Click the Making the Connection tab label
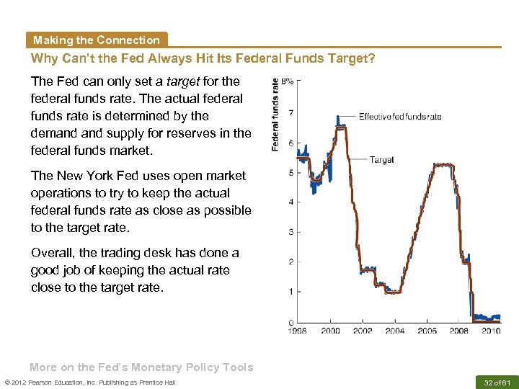pyautogui.click(x=96, y=40)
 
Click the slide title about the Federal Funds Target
pyautogui.click(x=203, y=58)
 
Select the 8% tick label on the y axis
pyautogui.click(x=287, y=82)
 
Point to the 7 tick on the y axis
pyautogui.click(x=290, y=112)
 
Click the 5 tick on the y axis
pyautogui.click(x=290, y=172)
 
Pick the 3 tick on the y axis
pyautogui.click(x=290, y=232)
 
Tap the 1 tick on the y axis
pyautogui.click(x=290, y=292)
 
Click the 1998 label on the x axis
pyautogui.click(x=298, y=331)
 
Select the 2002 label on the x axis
pyautogui.click(x=363, y=331)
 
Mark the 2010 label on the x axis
pyautogui.click(x=491, y=331)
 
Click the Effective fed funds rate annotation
pyautogui.click(x=400, y=117)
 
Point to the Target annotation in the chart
pyautogui.click(x=381, y=160)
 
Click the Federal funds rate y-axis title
pyautogui.click(x=275, y=115)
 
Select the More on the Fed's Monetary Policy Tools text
pyautogui.click(x=141, y=367)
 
